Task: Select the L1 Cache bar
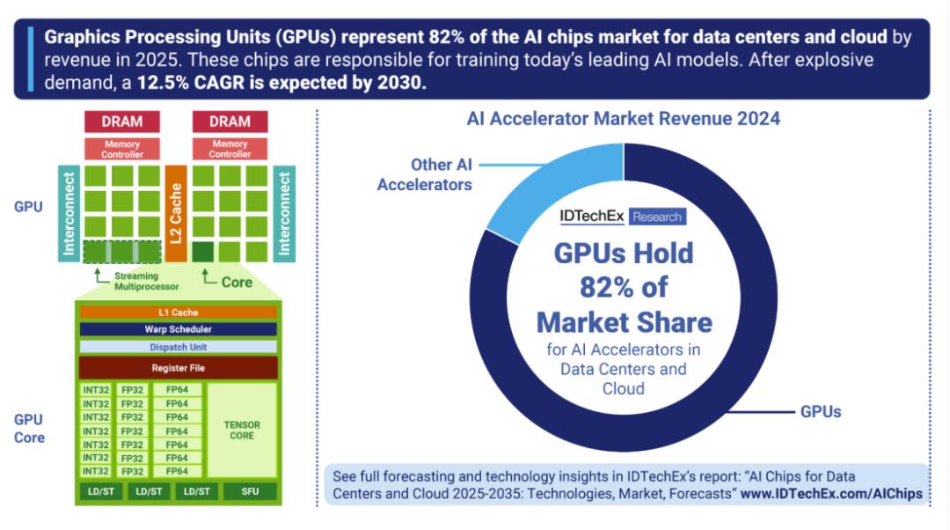coord(179,313)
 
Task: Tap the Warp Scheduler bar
coord(179,329)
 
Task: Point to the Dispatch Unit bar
coord(179,347)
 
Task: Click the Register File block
coord(179,368)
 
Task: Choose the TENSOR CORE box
coord(242,430)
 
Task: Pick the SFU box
coord(250,491)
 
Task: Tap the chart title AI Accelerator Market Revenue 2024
coord(623,119)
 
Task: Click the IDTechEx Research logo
coord(622,217)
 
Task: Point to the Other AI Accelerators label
coord(425,174)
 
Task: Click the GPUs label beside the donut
coord(820,411)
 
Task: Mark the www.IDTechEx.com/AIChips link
coord(831,494)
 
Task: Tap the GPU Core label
coord(29,428)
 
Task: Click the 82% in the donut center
coord(624,287)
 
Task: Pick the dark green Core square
coord(203,252)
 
